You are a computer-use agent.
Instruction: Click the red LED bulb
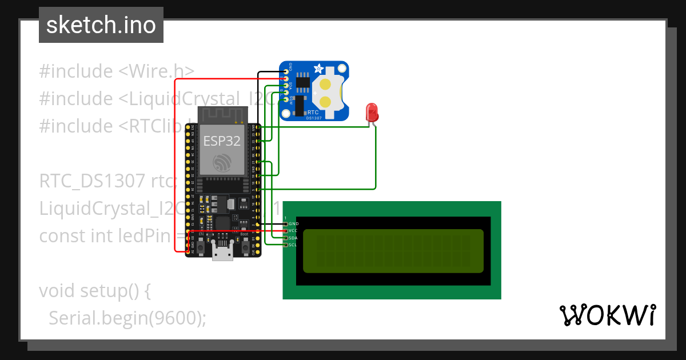pos(372,111)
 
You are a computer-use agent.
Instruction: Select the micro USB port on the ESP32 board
pos(222,252)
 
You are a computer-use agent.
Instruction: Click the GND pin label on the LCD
pos(293,223)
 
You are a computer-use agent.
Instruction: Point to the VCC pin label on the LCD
pos(293,230)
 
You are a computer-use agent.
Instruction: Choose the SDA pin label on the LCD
pos(293,238)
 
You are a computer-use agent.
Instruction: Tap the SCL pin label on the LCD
pos(293,245)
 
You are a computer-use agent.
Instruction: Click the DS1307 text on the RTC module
pos(313,117)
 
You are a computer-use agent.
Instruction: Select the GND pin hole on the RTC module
pos(285,71)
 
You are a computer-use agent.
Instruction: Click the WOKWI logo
pos(607,315)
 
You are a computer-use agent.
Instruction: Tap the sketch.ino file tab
pos(101,25)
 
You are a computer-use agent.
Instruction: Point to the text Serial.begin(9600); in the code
pos(127,318)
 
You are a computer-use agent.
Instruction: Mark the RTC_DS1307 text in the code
pos(92,181)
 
